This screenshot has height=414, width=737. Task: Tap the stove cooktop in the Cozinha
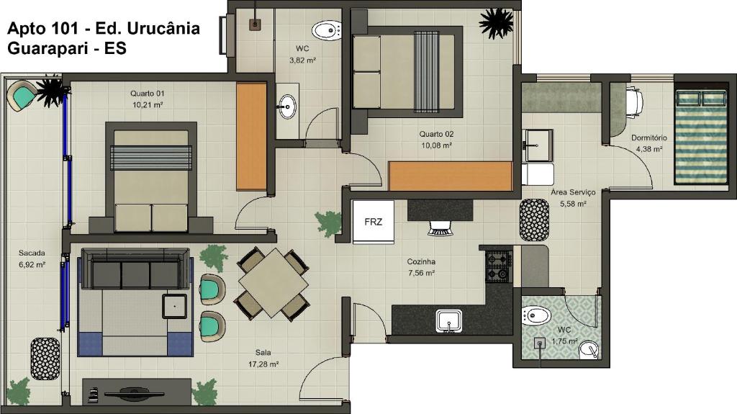498,266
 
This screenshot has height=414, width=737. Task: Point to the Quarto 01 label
148,99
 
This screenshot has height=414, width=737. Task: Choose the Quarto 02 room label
437,139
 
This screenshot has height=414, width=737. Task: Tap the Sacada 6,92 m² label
32,258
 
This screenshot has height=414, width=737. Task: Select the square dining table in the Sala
273,283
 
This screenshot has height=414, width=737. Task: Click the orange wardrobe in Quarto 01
251,137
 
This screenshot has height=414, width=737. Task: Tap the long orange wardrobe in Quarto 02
450,176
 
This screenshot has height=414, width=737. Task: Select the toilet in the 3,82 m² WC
327,30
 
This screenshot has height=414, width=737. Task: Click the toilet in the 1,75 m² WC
536,315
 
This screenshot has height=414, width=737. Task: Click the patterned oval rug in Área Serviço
534,220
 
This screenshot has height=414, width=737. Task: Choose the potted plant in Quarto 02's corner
496,23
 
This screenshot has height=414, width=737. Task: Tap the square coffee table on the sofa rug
174,306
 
